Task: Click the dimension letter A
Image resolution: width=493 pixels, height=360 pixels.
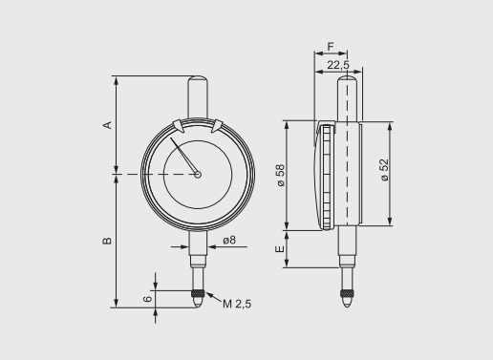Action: point(107,124)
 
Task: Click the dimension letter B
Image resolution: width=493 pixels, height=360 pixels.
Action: point(107,240)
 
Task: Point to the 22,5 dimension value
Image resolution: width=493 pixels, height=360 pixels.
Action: point(338,65)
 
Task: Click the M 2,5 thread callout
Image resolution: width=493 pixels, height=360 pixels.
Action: point(238,304)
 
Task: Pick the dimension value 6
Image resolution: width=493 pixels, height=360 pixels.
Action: point(147,298)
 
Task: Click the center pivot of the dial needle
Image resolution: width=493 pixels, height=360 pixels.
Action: point(197,174)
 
